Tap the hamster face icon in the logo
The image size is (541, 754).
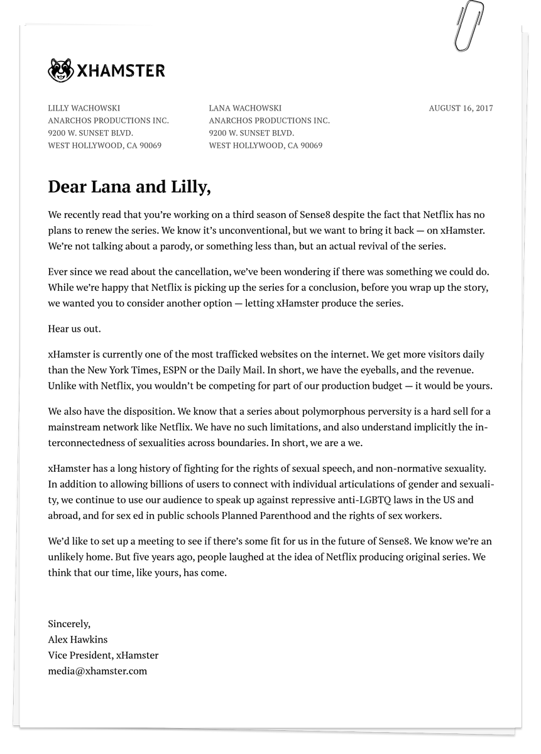pos(60,70)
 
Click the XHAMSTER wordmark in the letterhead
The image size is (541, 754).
pos(121,70)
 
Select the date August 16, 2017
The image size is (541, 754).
pos(461,108)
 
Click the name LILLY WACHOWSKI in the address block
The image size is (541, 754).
pos(84,108)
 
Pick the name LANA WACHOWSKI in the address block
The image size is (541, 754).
pos(245,108)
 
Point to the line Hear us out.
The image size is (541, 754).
pos(74,329)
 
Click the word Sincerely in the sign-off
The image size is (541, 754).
pos(69,624)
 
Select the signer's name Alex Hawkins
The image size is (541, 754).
pos(78,640)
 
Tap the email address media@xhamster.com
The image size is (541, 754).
pos(97,671)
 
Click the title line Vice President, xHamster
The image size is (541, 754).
pos(103,655)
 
